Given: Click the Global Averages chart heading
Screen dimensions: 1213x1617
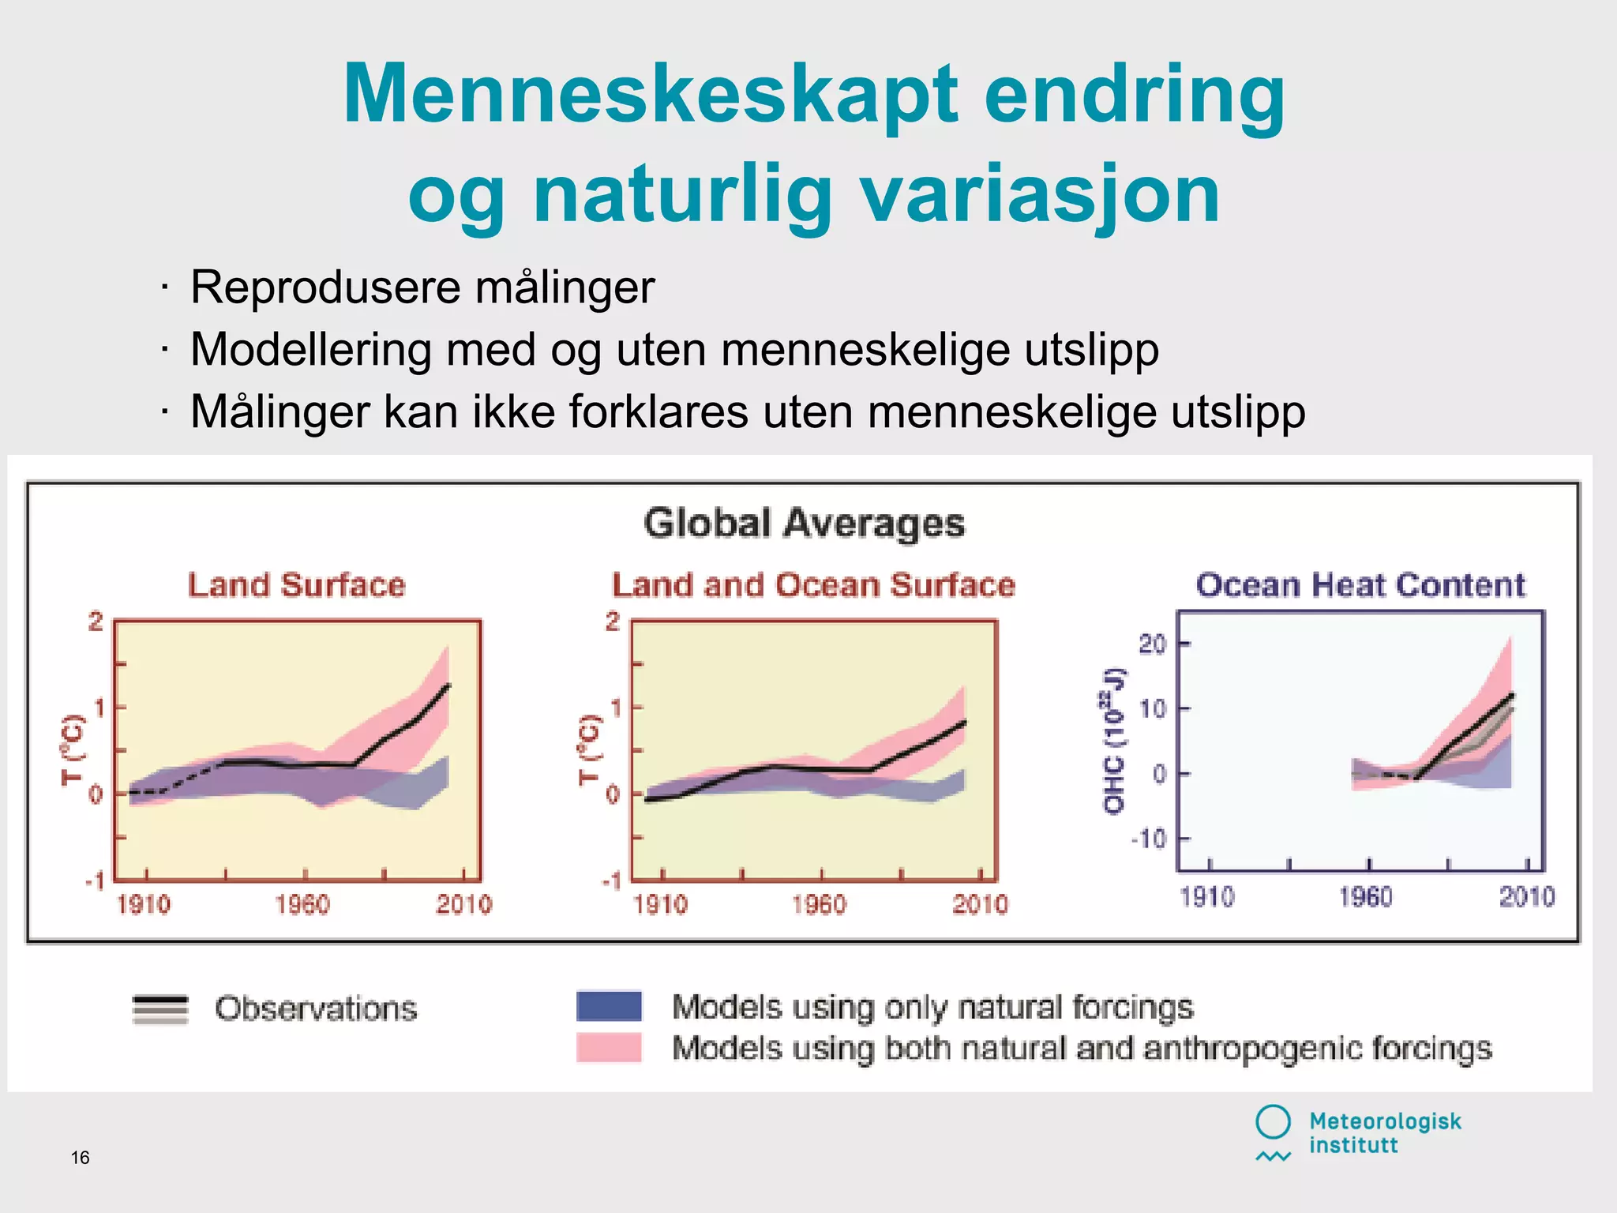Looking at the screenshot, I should click(804, 524).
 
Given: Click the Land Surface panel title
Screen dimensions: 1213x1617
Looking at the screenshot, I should click(296, 585).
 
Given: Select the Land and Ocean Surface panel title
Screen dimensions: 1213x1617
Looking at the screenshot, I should click(813, 585).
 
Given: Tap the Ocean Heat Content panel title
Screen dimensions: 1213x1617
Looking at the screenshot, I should click(1360, 585).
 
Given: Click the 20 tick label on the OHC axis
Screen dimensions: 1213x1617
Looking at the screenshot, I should click(1152, 644).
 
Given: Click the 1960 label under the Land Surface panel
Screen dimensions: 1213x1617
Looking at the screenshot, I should click(302, 904).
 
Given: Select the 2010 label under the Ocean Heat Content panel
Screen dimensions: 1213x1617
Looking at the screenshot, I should click(1526, 897).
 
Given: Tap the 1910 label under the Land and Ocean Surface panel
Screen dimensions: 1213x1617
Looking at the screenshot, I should click(660, 904).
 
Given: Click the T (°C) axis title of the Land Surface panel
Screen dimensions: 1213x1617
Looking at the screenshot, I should click(72, 750).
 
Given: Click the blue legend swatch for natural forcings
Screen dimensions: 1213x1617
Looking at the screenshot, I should click(609, 1006).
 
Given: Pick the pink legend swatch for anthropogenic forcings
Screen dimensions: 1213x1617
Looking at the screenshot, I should click(609, 1048).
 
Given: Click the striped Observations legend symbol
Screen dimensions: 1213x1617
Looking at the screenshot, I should click(160, 1009).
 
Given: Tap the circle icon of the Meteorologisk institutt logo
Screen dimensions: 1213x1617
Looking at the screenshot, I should click(1273, 1121).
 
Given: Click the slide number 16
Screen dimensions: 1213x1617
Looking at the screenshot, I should click(80, 1158).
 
